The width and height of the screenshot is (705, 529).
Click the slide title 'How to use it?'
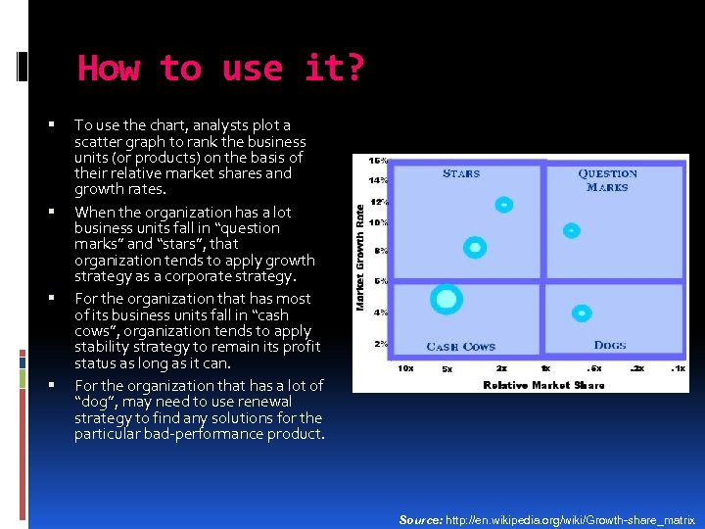pos(220,69)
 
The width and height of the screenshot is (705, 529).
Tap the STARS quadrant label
pos(461,173)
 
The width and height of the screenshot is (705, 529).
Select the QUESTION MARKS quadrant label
pos(607,180)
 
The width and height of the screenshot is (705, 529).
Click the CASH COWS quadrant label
pos(460,347)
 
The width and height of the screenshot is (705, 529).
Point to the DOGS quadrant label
pos(610,345)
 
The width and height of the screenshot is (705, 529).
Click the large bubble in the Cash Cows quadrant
pos(446,299)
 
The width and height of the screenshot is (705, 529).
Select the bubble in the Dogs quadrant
pos(582,313)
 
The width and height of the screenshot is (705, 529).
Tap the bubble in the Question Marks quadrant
pos(572,231)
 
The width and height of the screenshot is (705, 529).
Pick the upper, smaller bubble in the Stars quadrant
pos(503,205)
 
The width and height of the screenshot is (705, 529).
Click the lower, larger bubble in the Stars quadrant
pos(475,249)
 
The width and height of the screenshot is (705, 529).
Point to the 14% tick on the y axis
pos(378,180)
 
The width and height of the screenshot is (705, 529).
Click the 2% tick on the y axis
pos(380,344)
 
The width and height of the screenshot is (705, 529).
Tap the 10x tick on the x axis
pos(405,369)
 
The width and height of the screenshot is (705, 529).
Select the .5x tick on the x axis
pos(594,369)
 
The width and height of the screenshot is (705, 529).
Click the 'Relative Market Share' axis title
pos(543,385)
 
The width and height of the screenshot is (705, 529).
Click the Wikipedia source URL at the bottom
pos(571,519)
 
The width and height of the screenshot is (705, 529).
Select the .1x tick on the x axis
pos(678,369)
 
